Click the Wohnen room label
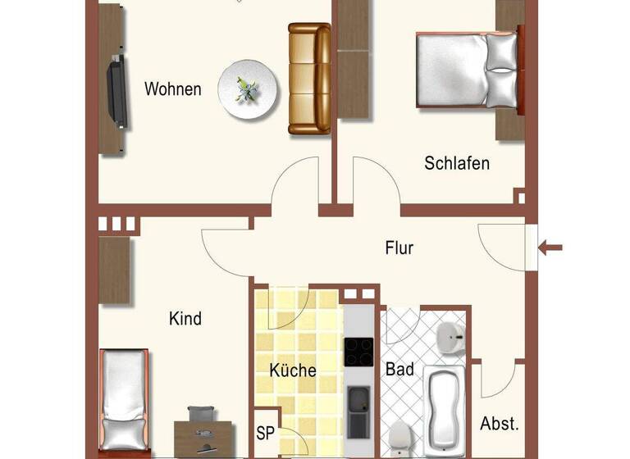tap(172, 89)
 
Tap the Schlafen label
tap(457, 163)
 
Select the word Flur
tap(399, 248)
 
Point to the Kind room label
tap(185, 318)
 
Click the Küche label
tap(293, 370)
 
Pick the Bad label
tap(399, 370)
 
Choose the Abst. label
tap(499, 424)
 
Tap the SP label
tap(265, 432)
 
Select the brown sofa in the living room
tap(308, 79)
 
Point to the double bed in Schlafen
tap(468, 70)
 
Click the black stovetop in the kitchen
tap(358, 352)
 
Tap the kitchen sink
tap(358, 401)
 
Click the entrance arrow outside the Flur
tap(551, 246)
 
